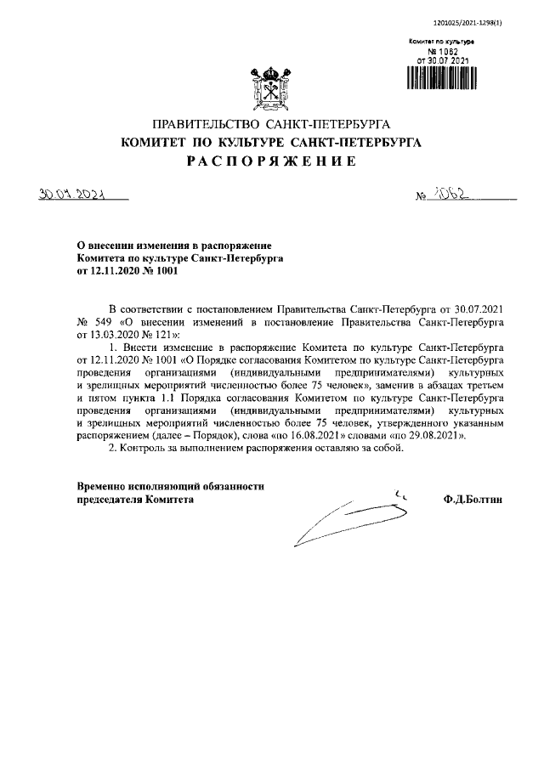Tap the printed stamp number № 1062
[x=439, y=51]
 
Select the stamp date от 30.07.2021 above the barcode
[x=439, y=60]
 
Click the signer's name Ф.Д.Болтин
[x=473, y=500]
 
